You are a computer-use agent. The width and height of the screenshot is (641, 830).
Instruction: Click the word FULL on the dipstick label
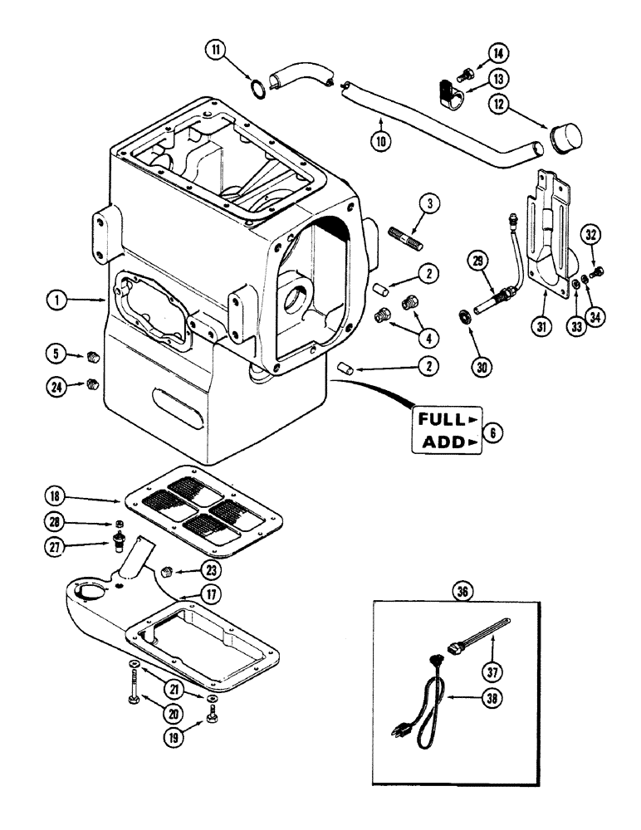pyautogui.click(x=441, y=418)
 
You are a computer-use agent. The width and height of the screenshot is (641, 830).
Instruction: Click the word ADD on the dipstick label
pyautogui.click(x=441, y=443)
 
